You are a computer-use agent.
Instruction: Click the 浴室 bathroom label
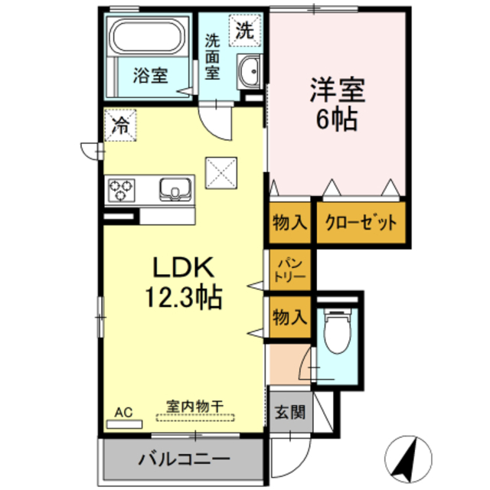click(150, 76)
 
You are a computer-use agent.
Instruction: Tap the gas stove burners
click(121, 189)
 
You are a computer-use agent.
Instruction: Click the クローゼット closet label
click(361, 224)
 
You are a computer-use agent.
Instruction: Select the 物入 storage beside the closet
click(290, 224)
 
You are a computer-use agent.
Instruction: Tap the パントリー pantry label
click(290, 270)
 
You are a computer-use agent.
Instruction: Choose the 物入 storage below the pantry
click(290, 316)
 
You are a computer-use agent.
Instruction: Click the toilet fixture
click(337, 333)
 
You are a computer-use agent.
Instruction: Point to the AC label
click(123, 413)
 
